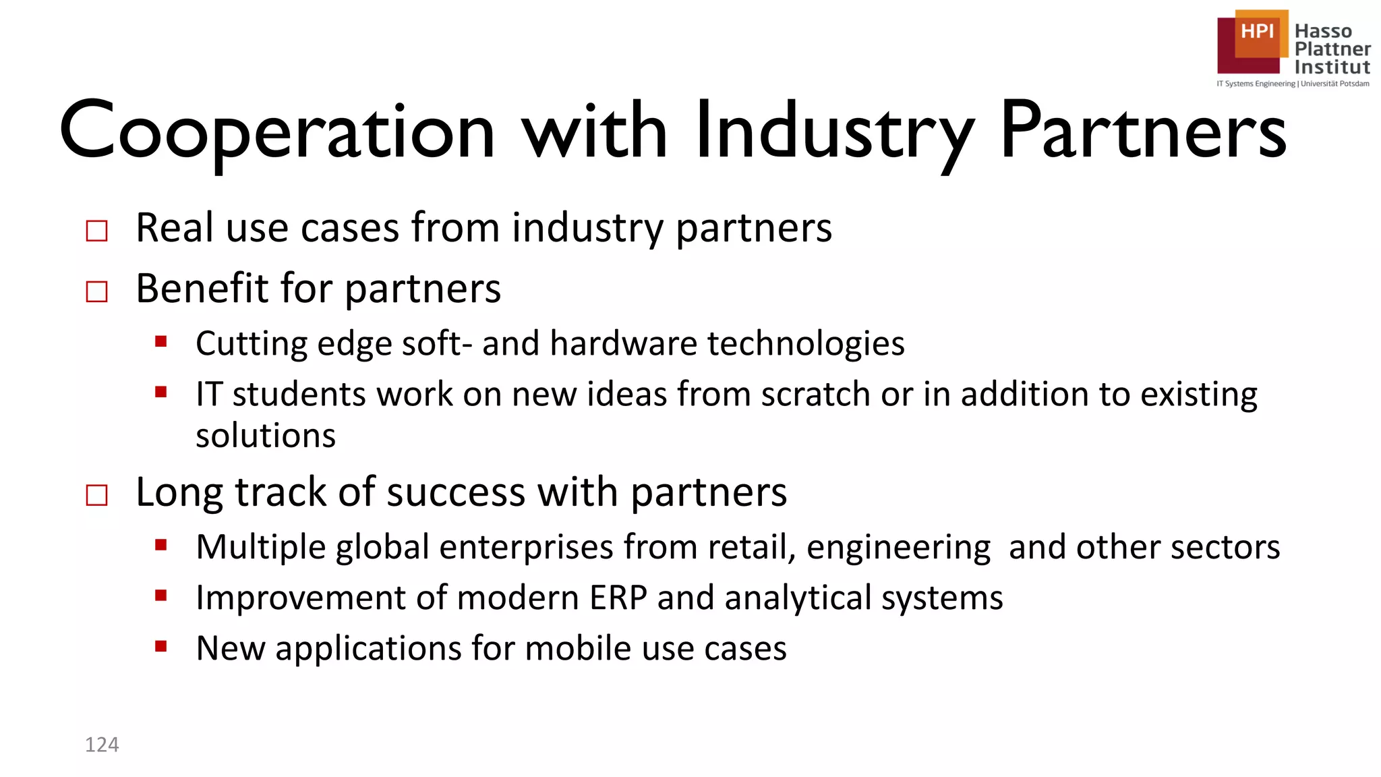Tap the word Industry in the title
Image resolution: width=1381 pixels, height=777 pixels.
point(835,132)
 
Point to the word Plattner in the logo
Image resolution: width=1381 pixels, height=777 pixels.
point(1332,49)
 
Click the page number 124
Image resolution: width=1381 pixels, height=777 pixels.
point(102,745)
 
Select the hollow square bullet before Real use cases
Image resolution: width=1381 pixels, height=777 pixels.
point(97,231)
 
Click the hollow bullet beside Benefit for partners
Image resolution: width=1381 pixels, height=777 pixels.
point(97,292)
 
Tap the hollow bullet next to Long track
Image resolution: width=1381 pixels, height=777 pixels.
point(97,496)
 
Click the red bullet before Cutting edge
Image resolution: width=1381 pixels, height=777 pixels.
point(160,341)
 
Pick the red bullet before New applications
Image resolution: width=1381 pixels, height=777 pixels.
point(160,646)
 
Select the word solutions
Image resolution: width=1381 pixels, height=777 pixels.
point(266,436)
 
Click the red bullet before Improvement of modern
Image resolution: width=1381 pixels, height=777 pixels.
point(160,595)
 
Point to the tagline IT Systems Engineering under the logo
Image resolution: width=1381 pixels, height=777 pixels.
point(1256,84)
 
